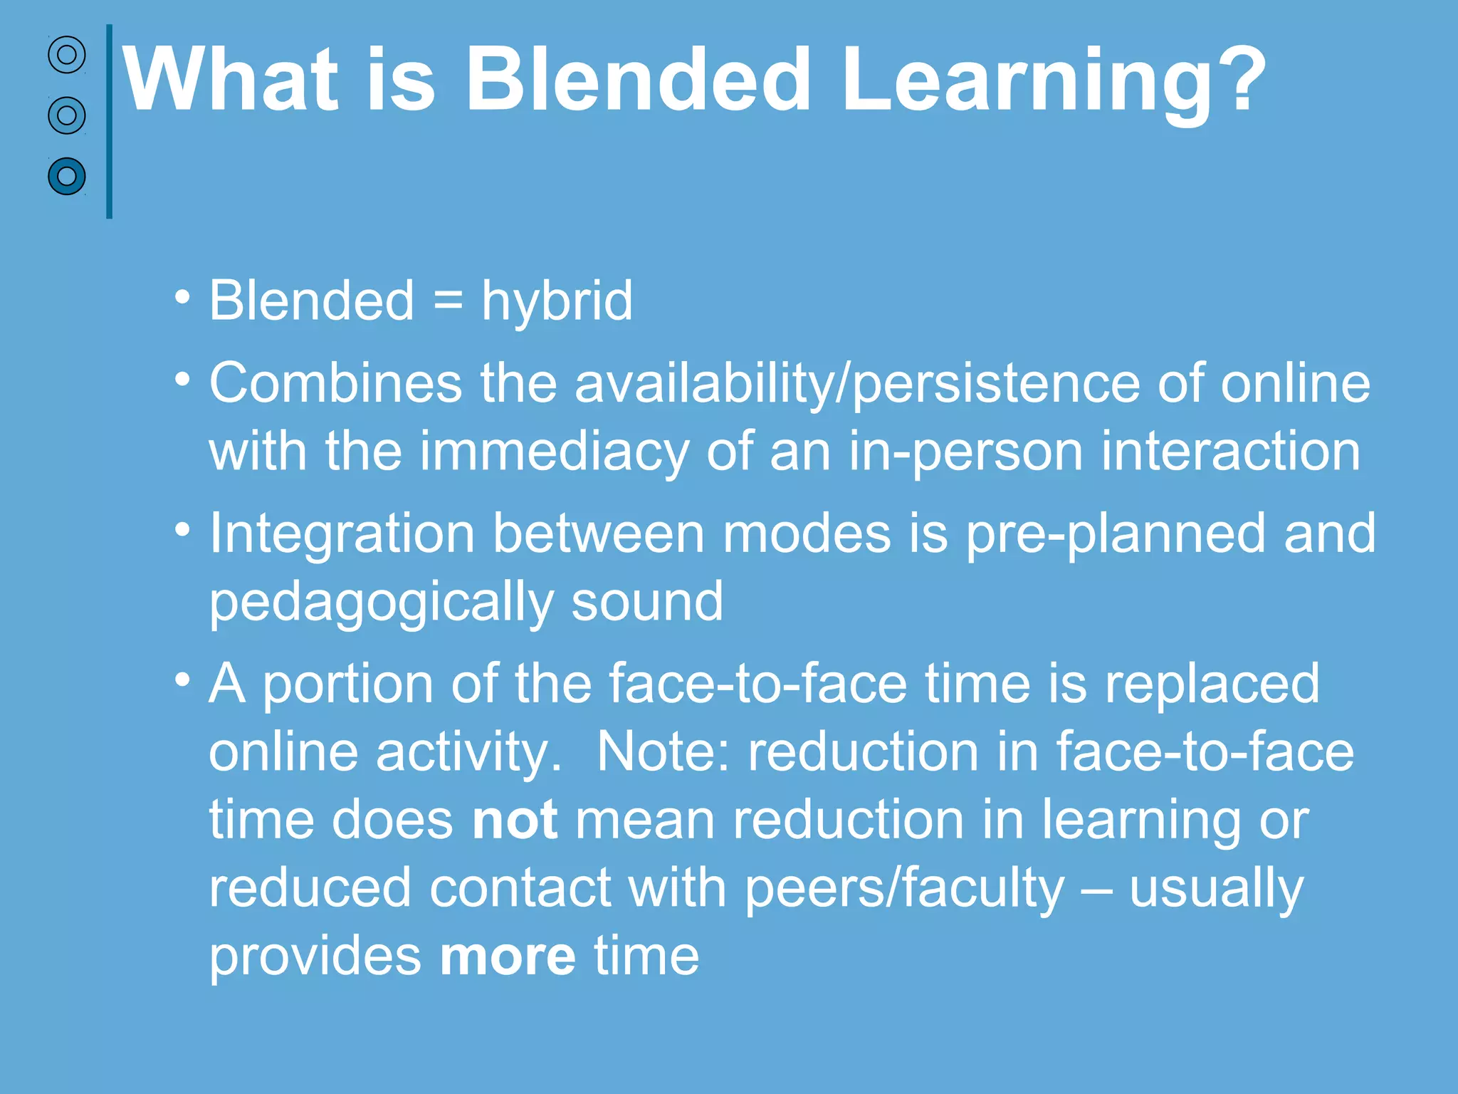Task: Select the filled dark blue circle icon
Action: point(67,176)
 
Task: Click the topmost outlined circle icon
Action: point(67,55)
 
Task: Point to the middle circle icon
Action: point(67,115)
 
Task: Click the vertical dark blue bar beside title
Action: point(109,121)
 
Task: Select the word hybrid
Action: point(557,302)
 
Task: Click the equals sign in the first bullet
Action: point(448,301)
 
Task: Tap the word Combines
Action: point(335,383)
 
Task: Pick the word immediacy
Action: point(553,453)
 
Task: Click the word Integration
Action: point(342,534)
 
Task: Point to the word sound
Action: point(647,602)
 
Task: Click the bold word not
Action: point(515,820)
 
